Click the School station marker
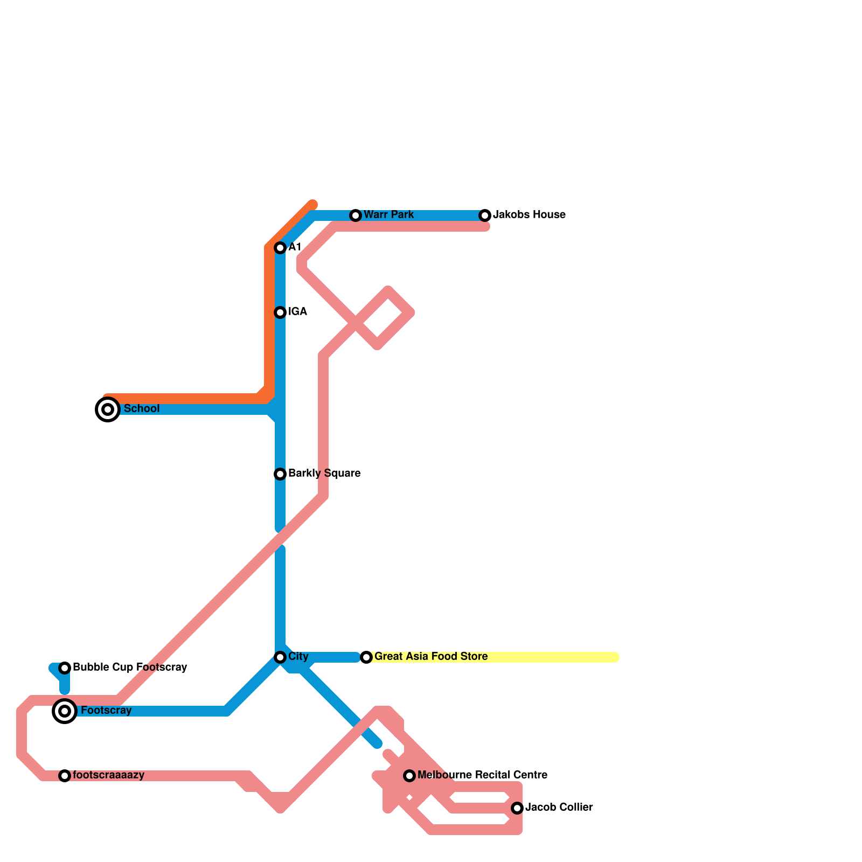108,409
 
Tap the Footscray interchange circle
65,711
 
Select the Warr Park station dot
356,215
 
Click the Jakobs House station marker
485,215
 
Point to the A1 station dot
280,248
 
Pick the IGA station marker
280,312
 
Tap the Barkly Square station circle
280,474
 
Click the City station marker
280,657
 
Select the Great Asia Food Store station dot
366,657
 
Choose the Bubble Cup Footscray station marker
65,668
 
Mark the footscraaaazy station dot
65,776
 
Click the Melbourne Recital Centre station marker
409,776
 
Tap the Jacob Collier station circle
517,808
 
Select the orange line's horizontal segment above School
183,399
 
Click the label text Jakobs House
529,215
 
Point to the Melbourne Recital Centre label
482,775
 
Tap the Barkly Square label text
324,474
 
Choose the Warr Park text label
388,215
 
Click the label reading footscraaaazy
108,775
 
